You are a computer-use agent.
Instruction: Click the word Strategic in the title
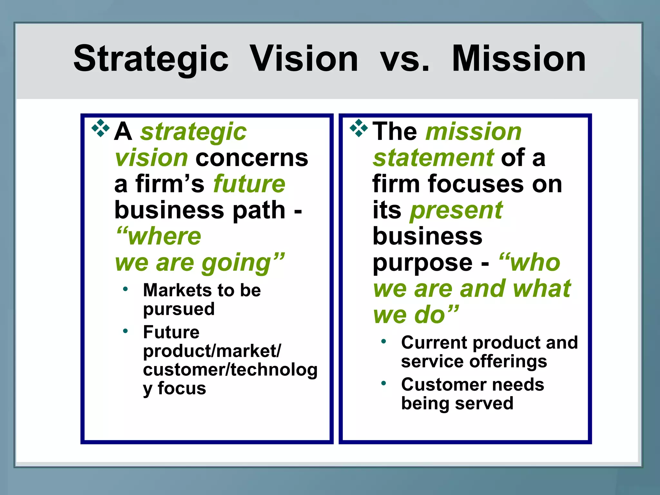pyautogui.click(x=151, y=59)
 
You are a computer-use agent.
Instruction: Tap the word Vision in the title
pyautogui.click(x=304, y=59)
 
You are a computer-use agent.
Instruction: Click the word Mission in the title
pyautogui.click(x=519, y=59)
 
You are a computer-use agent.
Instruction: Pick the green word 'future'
pyautogui.click(x=249, y=184)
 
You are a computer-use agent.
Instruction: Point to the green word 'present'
pyautogui.click(x=456, y=210)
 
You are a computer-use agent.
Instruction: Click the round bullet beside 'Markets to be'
pyautogui.click(x=125, y=289)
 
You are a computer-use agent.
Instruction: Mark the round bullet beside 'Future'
pyautogui.click(x=125, y=331)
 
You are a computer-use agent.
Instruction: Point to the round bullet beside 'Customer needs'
pyautogui.click(x=383, y=383)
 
